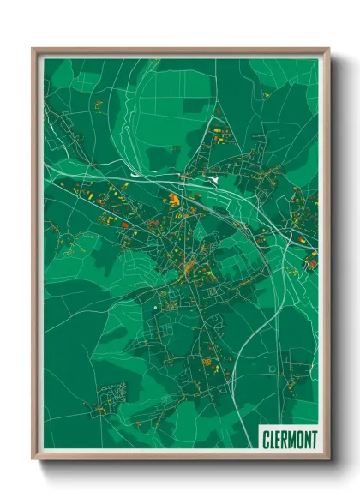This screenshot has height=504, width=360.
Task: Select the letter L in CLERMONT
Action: [272, 439]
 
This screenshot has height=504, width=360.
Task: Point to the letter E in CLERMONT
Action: [278, 439]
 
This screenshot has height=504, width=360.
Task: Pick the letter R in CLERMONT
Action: [285, 439]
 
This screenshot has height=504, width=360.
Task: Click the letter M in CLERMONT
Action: [292, 439]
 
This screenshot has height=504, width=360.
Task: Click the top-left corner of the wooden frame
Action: [33, 50]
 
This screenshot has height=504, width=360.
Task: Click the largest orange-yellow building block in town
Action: [174, 200]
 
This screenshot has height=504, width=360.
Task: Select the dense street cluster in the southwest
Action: [112, 397]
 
